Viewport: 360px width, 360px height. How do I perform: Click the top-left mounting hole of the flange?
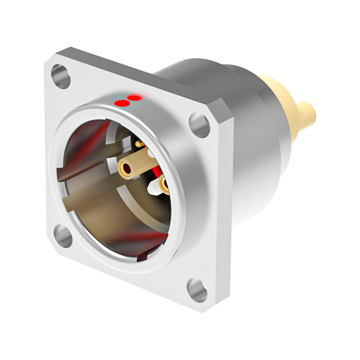(x=60, y=76)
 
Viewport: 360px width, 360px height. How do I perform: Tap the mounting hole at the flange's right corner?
(x=200, y=125)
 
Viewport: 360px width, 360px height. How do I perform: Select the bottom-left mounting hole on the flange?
(x=63, y=236)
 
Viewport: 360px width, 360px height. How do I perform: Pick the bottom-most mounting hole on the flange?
(x=197, y=290)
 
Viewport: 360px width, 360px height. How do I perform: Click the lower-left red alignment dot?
(x=122, y=104)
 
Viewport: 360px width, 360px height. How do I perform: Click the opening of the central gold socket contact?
(x=126, y=167)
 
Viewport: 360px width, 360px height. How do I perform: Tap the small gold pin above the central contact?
(x=139, y=144)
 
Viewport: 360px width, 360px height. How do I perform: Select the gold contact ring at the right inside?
(x=165, y=184)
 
